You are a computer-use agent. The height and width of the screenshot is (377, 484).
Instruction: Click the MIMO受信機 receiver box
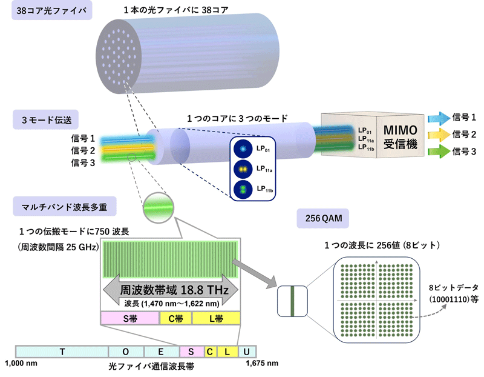click(x=373, y=135)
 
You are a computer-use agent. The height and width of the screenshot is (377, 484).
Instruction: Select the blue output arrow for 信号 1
click(x=439, y=118)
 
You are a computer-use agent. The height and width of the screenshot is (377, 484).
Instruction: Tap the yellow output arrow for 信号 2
click(x=439, y=135)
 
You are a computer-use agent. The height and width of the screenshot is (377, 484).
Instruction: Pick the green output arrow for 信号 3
click(x=439, y=152)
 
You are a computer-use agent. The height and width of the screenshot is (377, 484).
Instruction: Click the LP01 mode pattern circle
click(x=243, y=149)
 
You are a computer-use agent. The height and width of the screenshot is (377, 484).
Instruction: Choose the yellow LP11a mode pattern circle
click(x=243, y=169)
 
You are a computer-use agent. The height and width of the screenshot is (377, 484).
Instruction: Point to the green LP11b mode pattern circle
click(x=243, y=189)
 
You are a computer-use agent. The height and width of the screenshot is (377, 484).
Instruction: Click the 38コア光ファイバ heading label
click(x=52, y=10)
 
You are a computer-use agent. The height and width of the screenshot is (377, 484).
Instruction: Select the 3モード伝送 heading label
click(x=46, y=119)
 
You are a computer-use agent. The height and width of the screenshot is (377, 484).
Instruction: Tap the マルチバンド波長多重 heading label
click(x=65, y=206)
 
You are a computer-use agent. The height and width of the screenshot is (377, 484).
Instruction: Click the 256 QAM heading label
click(x=323, y=218)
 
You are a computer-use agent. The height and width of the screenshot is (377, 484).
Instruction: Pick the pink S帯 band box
click(x=130, y=318)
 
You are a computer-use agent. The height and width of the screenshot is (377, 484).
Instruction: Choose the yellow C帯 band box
click(x=175, y=318)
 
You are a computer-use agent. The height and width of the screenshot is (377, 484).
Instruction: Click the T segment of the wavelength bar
click(x=62, y=352)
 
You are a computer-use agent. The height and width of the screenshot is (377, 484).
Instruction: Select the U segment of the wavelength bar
click(x=247, y=352)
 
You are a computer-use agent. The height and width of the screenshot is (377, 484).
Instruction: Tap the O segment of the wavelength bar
click(x=126, y=352)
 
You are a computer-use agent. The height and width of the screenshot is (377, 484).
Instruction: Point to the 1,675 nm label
click(x=262, y=363)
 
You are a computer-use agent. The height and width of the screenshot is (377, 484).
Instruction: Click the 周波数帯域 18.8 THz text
click(x=174, y=290)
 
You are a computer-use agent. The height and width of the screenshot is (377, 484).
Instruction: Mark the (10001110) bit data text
click(x=450, y=299)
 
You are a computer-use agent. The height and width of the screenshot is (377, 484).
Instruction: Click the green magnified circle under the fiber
click(x=159, y=208)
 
